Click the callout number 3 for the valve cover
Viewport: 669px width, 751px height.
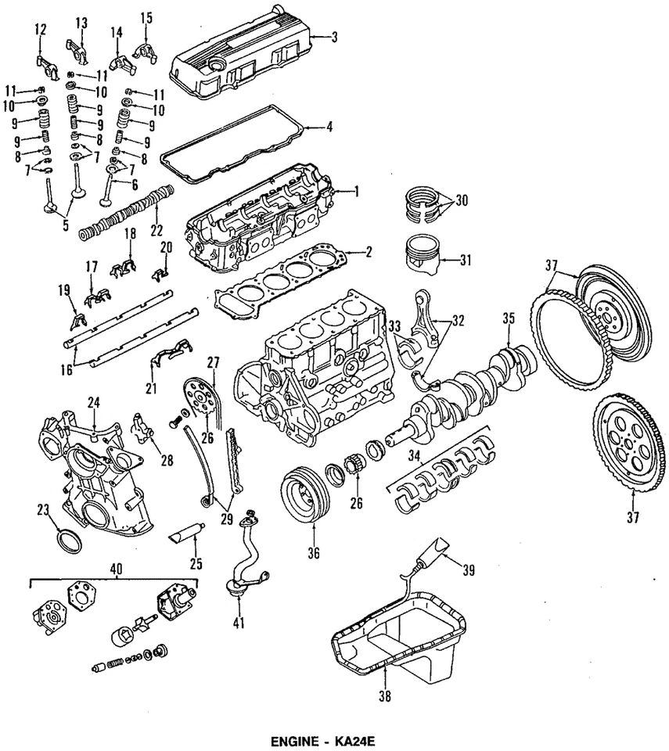(x=335, y=37)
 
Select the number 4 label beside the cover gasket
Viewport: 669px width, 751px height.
(x=330, y=126)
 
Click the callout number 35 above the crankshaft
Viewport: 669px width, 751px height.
(x=509, y=318)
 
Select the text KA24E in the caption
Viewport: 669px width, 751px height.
(x=357, y=739)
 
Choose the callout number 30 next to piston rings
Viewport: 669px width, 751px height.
(x=462, y=199)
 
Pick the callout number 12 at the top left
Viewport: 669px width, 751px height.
(x=41, y=30)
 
